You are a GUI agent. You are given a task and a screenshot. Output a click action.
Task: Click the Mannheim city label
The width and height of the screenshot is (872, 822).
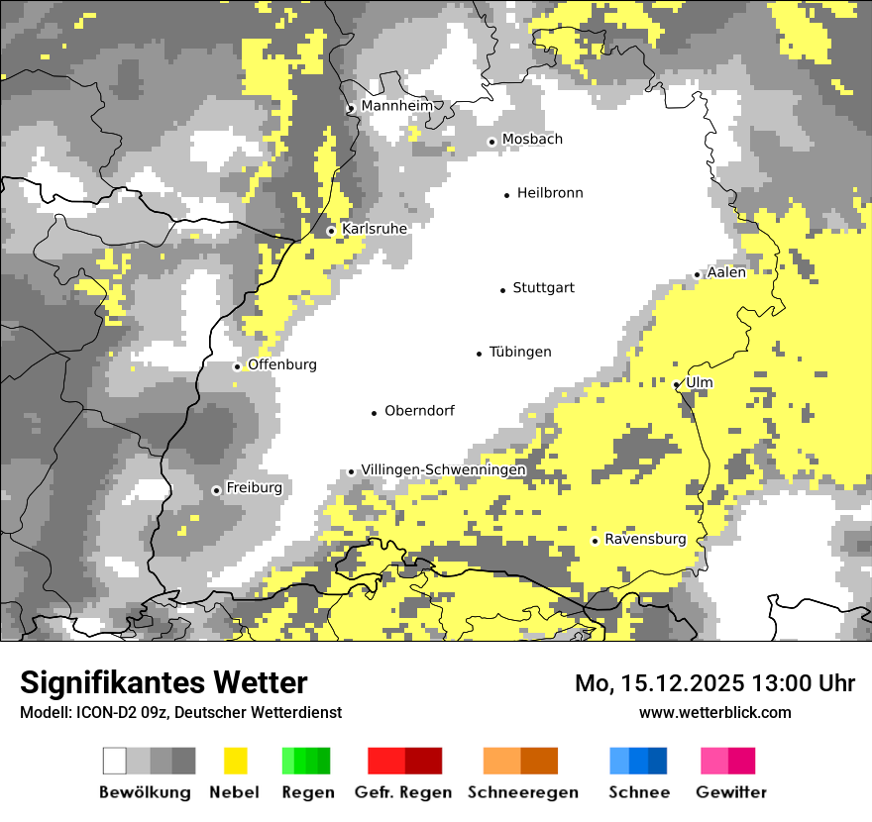tap(397, 106)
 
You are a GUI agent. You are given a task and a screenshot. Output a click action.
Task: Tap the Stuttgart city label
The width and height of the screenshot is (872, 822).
tap(543, 288)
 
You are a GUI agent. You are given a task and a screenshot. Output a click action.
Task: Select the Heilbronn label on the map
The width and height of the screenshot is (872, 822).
tap(550, 193)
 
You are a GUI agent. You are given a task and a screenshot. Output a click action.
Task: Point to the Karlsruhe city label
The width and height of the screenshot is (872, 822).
tap(375, 229)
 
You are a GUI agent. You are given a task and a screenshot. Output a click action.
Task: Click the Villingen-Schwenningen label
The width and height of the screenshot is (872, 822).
tap(443, 470)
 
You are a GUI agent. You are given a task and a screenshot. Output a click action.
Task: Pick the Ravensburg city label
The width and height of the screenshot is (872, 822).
tap(645, 540)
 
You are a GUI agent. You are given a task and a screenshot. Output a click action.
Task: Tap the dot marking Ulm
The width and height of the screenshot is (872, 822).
tap(677, 384)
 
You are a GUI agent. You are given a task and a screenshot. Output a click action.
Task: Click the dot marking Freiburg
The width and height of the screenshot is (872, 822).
tap(216, 490)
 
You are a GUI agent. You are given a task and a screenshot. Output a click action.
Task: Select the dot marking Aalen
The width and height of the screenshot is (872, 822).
tap(698, 274)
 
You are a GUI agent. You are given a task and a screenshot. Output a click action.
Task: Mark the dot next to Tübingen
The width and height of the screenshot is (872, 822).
tap(480, 354)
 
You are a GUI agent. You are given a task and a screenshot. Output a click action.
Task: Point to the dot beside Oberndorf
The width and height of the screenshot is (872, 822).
tap(375, 413)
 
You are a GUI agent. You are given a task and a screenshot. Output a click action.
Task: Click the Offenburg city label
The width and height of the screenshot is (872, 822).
tap(282, 364)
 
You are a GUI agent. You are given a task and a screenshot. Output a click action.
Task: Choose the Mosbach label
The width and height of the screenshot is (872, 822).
tap(532, 140)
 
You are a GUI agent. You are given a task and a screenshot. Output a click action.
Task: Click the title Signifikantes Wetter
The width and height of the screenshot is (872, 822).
tap(163, 683)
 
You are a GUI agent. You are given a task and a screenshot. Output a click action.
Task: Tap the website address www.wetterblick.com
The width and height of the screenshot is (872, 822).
tap(714, 713)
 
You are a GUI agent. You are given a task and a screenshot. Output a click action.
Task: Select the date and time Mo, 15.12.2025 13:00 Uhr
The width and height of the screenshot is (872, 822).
tap(714, 683)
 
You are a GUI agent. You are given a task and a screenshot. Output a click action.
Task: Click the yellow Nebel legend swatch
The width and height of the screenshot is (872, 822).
tap(235, 761)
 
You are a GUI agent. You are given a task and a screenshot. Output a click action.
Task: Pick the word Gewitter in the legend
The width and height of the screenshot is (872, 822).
tap(731, 792)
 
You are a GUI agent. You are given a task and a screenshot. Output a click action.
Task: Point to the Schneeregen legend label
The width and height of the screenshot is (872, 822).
tap(523, 792)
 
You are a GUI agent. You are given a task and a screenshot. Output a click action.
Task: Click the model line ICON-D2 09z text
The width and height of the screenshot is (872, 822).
tap(180, 713)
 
